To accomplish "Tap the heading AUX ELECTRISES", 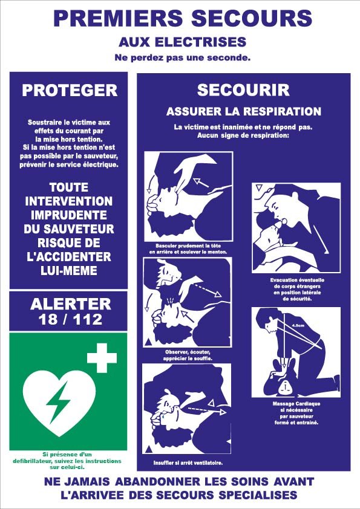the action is point(183,42).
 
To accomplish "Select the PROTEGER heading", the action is point(70,90).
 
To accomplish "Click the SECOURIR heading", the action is point(243,90).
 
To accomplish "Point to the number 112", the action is point(88,319).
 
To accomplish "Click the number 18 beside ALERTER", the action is point(48,319).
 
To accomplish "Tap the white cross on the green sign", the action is point(102,358).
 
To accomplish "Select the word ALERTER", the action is point(71,304).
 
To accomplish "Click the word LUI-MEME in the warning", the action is point(69,270).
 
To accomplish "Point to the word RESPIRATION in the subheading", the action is point(283,111).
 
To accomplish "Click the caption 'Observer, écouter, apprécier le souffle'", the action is point(188,355).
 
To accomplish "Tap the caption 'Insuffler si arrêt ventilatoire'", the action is point(188,463).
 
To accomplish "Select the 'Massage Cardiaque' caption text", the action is point(296,404).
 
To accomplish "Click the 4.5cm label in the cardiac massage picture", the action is point(298,325).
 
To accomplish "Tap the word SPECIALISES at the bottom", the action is point(258,495).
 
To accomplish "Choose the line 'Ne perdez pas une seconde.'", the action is point(183,58).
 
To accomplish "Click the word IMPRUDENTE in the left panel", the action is point(69,215).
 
